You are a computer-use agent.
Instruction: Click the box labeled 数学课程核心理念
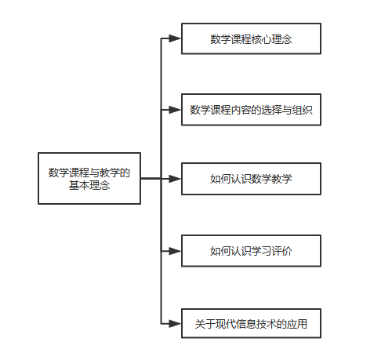[251, 38]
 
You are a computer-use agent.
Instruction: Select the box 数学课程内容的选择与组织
[251, 110]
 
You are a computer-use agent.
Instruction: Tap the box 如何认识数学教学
[251, 179]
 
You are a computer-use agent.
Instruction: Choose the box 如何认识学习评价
[251, 251]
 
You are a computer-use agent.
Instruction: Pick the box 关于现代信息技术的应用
[251, 323]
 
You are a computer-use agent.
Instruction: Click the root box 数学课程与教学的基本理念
[89, 178]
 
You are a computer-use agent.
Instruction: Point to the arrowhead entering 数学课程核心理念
[175, 38]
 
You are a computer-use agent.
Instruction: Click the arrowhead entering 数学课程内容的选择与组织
[175, 110]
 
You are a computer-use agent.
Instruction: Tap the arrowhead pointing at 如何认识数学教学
[175, 179]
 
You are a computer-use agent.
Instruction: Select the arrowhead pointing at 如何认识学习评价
[175, 251]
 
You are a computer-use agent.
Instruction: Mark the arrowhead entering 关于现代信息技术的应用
[175, 324]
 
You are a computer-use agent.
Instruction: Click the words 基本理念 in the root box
[89, 185]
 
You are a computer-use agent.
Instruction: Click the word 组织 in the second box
[303, 110]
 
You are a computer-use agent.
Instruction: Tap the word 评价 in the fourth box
[282, 251]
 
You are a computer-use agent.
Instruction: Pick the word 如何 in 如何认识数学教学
[220, 179]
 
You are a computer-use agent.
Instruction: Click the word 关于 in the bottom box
[205, 324]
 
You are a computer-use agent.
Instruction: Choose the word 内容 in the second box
[241, 110]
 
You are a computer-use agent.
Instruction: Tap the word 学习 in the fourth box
[261, 251]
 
